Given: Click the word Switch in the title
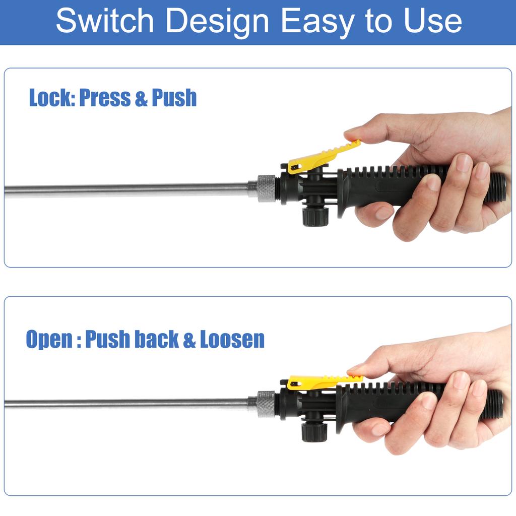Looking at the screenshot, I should (x=105, y=21).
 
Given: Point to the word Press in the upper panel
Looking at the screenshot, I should (x=104, y=98).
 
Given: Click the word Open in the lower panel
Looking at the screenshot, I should (x=49, y=340).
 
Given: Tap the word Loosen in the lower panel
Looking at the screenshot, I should (x=232, y=340).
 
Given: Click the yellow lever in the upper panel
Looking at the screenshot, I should (x=323, y=156).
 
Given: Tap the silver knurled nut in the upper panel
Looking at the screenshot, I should (x=266, y=188).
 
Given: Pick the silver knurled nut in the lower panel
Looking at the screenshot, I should (x=266, y=404).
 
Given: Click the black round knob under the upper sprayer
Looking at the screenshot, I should (x=315, y=216).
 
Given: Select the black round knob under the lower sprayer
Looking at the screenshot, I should (x=314, y=431).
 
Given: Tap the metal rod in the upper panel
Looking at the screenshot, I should (x=126, y=190).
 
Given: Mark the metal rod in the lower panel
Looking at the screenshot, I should (x=126, y=404).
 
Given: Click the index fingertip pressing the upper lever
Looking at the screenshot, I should (x=353, y=134).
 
